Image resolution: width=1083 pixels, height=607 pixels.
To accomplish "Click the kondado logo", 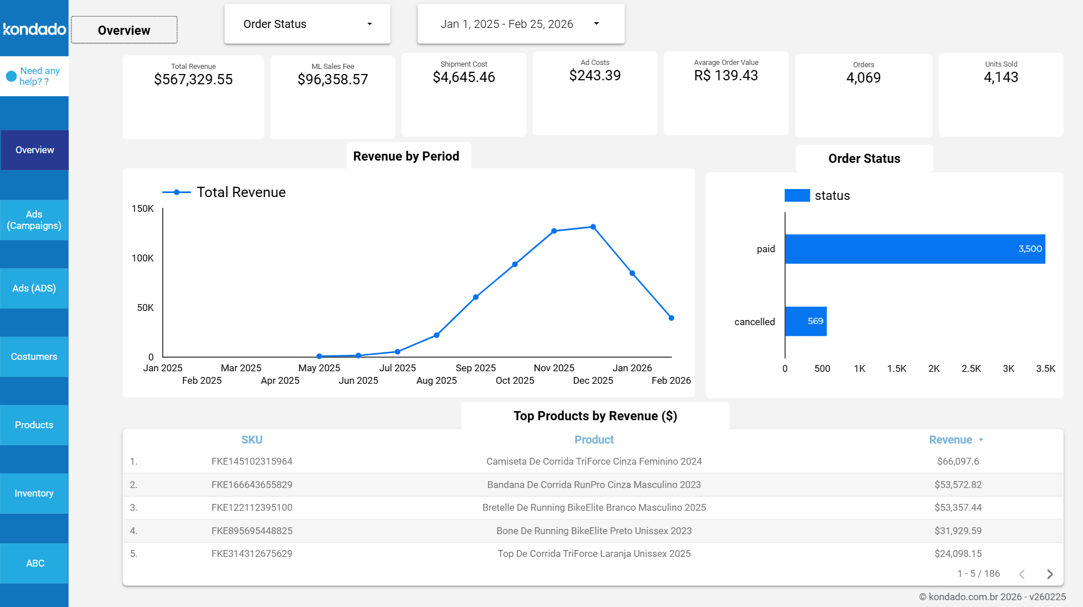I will pos(34,29).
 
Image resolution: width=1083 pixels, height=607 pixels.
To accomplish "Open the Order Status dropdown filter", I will pos(307,24).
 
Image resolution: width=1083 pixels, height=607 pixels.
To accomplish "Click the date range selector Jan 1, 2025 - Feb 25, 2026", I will pos(520,24).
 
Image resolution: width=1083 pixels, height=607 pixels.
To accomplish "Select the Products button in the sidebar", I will pos(34,425).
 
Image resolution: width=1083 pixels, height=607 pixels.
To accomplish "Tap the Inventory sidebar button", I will pos(34,493).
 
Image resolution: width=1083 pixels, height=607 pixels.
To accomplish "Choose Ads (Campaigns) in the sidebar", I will pos(34,220).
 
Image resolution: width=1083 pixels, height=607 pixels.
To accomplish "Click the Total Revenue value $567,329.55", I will pos(193,80).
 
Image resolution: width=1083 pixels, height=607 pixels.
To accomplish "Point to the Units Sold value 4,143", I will pos(1000,77).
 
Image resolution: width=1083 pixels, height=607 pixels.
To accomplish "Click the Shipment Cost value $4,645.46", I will pos(463,77).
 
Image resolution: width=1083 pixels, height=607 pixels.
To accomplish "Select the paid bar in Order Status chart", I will pos(914,249).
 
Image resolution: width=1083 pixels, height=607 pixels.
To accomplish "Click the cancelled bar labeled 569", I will pos(806,321).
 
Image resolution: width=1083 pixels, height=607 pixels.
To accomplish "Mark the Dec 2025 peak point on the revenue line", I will pos(593,227).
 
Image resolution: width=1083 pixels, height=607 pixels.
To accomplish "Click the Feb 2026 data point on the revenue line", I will pos(671,318).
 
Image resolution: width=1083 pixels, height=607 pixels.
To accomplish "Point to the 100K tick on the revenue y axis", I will pos(142,258).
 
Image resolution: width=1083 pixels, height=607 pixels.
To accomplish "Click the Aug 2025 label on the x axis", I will pos(436,380).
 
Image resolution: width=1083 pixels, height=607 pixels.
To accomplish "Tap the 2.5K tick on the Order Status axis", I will pos(971,368).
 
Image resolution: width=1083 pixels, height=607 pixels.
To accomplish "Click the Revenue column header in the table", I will pos(950,440).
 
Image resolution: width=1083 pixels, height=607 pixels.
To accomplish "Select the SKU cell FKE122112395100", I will pos(252,507).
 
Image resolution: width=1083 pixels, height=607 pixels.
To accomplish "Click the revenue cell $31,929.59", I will pos(958,531).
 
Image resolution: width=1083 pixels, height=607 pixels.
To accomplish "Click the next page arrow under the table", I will pos(1049,574).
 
